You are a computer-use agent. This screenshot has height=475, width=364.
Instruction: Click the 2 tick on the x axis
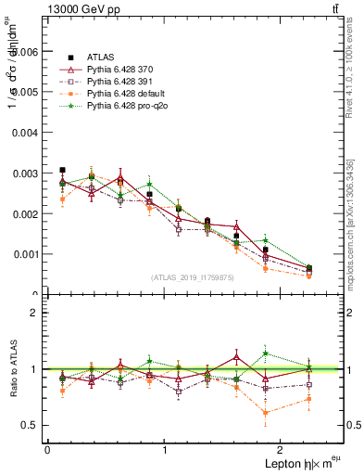(x=283, y=449)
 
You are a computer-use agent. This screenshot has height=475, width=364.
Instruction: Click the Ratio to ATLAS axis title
(x=12, y=369)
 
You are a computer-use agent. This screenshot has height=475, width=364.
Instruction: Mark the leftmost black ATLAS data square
(x=62, y=170)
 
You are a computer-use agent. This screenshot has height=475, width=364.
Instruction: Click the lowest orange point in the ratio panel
(x=266, y=413)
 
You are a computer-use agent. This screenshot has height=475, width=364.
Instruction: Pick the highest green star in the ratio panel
(x=266, y=353)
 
